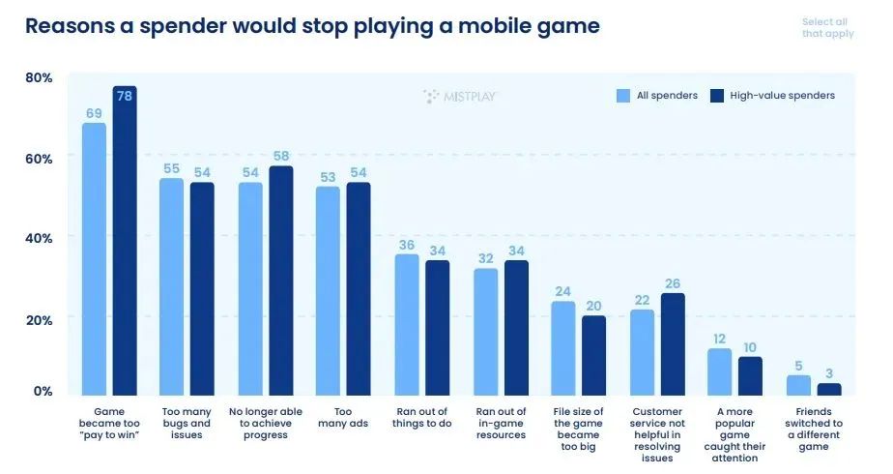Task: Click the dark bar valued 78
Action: [125, 242]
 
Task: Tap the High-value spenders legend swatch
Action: [717, 96]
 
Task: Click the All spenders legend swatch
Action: [623, 96]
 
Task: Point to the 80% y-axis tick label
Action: [39, 77]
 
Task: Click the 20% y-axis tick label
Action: [39, 318]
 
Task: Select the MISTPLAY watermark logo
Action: [460, 96]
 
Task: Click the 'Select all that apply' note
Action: [827, 28]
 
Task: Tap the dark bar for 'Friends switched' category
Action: [829, 389]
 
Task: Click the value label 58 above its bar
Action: [281, 156]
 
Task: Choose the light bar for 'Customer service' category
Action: [642, 352]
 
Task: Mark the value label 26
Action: [673, 283]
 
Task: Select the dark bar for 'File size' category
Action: [593, 355]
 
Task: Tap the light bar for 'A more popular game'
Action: [719, 371]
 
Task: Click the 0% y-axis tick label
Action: [43, 392]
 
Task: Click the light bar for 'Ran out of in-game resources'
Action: [486, 332]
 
